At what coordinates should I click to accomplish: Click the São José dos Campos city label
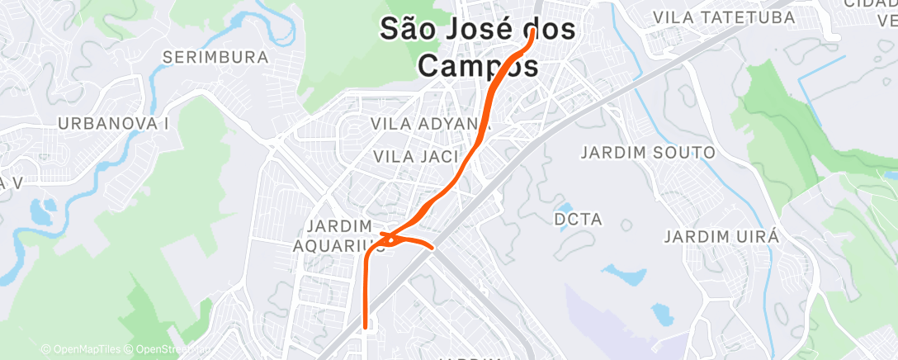(478, 46)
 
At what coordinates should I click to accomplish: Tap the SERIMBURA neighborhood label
(216, 58)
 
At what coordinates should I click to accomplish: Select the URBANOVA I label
(113, 123)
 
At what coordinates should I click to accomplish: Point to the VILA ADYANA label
(432, 124)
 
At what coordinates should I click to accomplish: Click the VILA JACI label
(412, 156)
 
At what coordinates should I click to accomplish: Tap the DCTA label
(580, 220)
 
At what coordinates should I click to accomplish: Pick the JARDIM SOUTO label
(648, 153)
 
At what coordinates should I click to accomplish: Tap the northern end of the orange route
(534, 31)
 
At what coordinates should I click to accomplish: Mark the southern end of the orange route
(365, 326)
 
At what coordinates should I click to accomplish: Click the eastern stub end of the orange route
(432, 246)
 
